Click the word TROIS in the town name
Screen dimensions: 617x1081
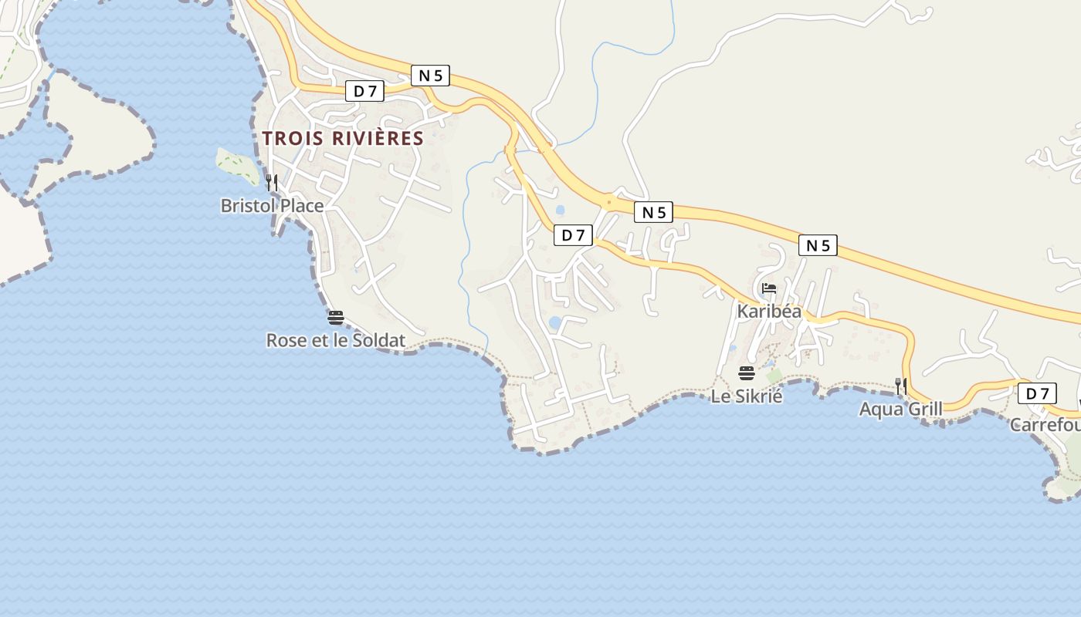coord(293,139)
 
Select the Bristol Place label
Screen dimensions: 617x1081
coord(272,206)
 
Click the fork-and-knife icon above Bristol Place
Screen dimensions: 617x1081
coord(272,183)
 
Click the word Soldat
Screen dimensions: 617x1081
coord(379,340)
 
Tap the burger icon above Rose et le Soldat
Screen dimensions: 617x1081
coord(335,318)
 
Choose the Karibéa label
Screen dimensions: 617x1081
coord(769,312)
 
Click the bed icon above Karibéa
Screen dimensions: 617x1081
coord(768,289)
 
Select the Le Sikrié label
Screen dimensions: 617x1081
coord(747,396)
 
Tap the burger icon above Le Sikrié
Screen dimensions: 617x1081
coord(747,374)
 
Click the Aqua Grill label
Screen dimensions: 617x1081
coord(900,409)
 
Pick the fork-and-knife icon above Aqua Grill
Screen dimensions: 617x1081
coord(900,386)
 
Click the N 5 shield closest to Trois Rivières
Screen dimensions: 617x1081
coord(430,76)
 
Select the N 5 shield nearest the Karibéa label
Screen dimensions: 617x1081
coord(818,245)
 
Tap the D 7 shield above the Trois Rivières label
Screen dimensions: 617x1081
coord(364,91)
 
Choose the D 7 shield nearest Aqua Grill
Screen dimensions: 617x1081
coord(1037,393)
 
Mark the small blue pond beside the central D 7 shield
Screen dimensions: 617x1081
coord(560,210)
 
